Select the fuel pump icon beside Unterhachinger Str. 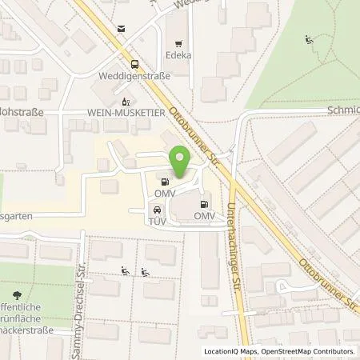coord(205,204)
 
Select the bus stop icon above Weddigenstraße coord(134,65)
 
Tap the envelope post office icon coord(120,29)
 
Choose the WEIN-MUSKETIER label coord(123,114)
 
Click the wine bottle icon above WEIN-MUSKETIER coord(124,102)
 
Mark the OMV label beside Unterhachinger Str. coord(205,216)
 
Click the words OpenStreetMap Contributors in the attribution coord(310,351)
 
